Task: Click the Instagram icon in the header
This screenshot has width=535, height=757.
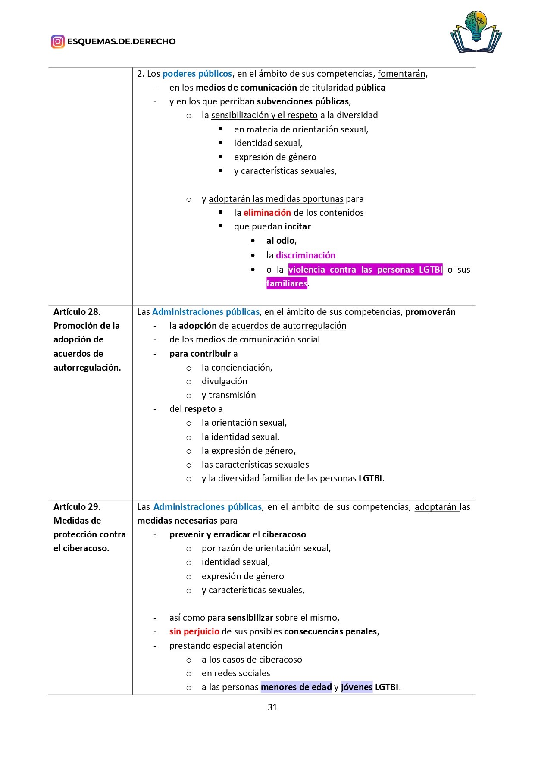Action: click(x=58, y=41)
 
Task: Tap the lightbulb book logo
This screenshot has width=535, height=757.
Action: click(x=476, y=32)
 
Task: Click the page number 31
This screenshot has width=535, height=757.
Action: click(x=272, y=707)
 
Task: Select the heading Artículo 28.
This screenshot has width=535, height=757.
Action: click(x=77, y=311)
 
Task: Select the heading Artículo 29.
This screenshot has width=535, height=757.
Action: click(x=77, y=506)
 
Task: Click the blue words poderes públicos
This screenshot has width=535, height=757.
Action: click(x=197, y=74)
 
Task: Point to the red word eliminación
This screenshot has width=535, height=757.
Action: click(x=267, y=213)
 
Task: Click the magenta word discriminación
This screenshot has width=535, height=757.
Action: click(x=305, y=255)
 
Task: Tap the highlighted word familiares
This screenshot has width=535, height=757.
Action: click(x=287, y=283)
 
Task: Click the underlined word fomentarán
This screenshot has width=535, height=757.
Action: click(x=401, y=74)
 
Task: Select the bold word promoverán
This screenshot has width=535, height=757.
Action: click(x=430, y=311)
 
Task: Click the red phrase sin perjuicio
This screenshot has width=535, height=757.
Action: click(x=194, y=631)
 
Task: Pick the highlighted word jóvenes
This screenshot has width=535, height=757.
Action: click(x=356, y=687)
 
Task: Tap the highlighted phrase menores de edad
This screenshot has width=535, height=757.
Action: click(x=296, y=687)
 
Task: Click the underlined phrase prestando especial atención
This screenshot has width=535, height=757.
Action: click(x=225, y=646)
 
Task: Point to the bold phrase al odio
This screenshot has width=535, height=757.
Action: click(x=280, y=241)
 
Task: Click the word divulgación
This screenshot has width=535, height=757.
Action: click(x=224, y=381)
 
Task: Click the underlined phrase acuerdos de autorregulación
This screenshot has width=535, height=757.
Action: click(x=289, y=326)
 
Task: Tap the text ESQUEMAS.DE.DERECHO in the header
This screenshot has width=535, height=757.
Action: click(x=121, y=41)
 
